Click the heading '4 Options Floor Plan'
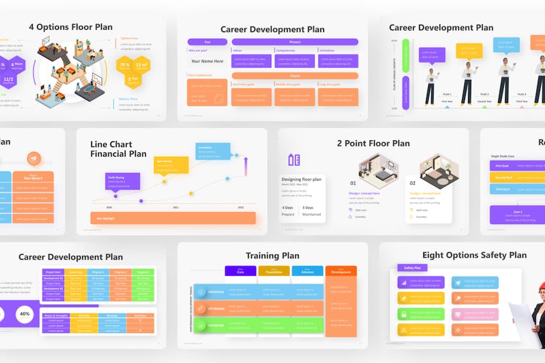click(70, 27)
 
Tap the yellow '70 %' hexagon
click(125, 65)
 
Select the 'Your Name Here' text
click(207, 61)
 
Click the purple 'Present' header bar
click(295, 42)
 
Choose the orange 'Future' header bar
click(295, 76)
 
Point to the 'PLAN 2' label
click(484, 94)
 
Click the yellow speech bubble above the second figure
click(469, 50)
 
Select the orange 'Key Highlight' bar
click(173, 218)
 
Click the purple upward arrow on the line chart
click(246, 166)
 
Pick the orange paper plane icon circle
click(33, 159)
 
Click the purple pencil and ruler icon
click(294, 160)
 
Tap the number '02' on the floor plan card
click(412, 183)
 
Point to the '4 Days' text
click(288, 208)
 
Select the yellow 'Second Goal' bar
click(503, 177)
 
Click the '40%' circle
click(25, 314)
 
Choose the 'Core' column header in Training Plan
click(240, 271)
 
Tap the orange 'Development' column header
click(341, 271)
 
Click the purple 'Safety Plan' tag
click(412, 267)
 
